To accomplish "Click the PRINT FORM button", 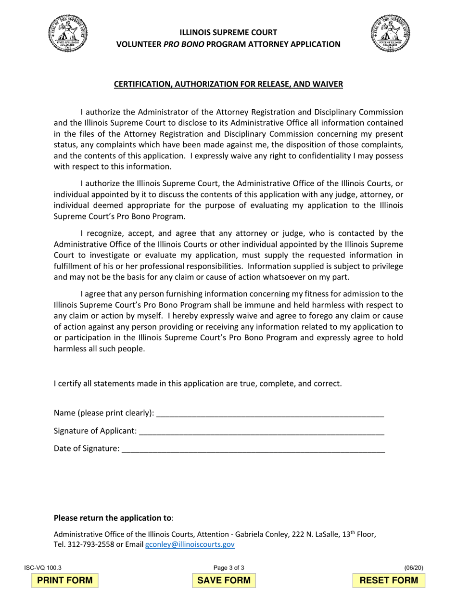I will (65, 580).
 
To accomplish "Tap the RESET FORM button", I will (389, 580).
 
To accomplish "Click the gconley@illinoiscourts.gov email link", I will (190, 544).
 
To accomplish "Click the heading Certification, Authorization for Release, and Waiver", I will (228, 84).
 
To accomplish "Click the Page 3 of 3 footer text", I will (228, 568).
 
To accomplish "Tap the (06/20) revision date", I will (414, 568).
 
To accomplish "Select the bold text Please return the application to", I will (112, 518).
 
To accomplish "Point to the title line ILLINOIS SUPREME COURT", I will (228, 33).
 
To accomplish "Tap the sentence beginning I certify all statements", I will (198, 384).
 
